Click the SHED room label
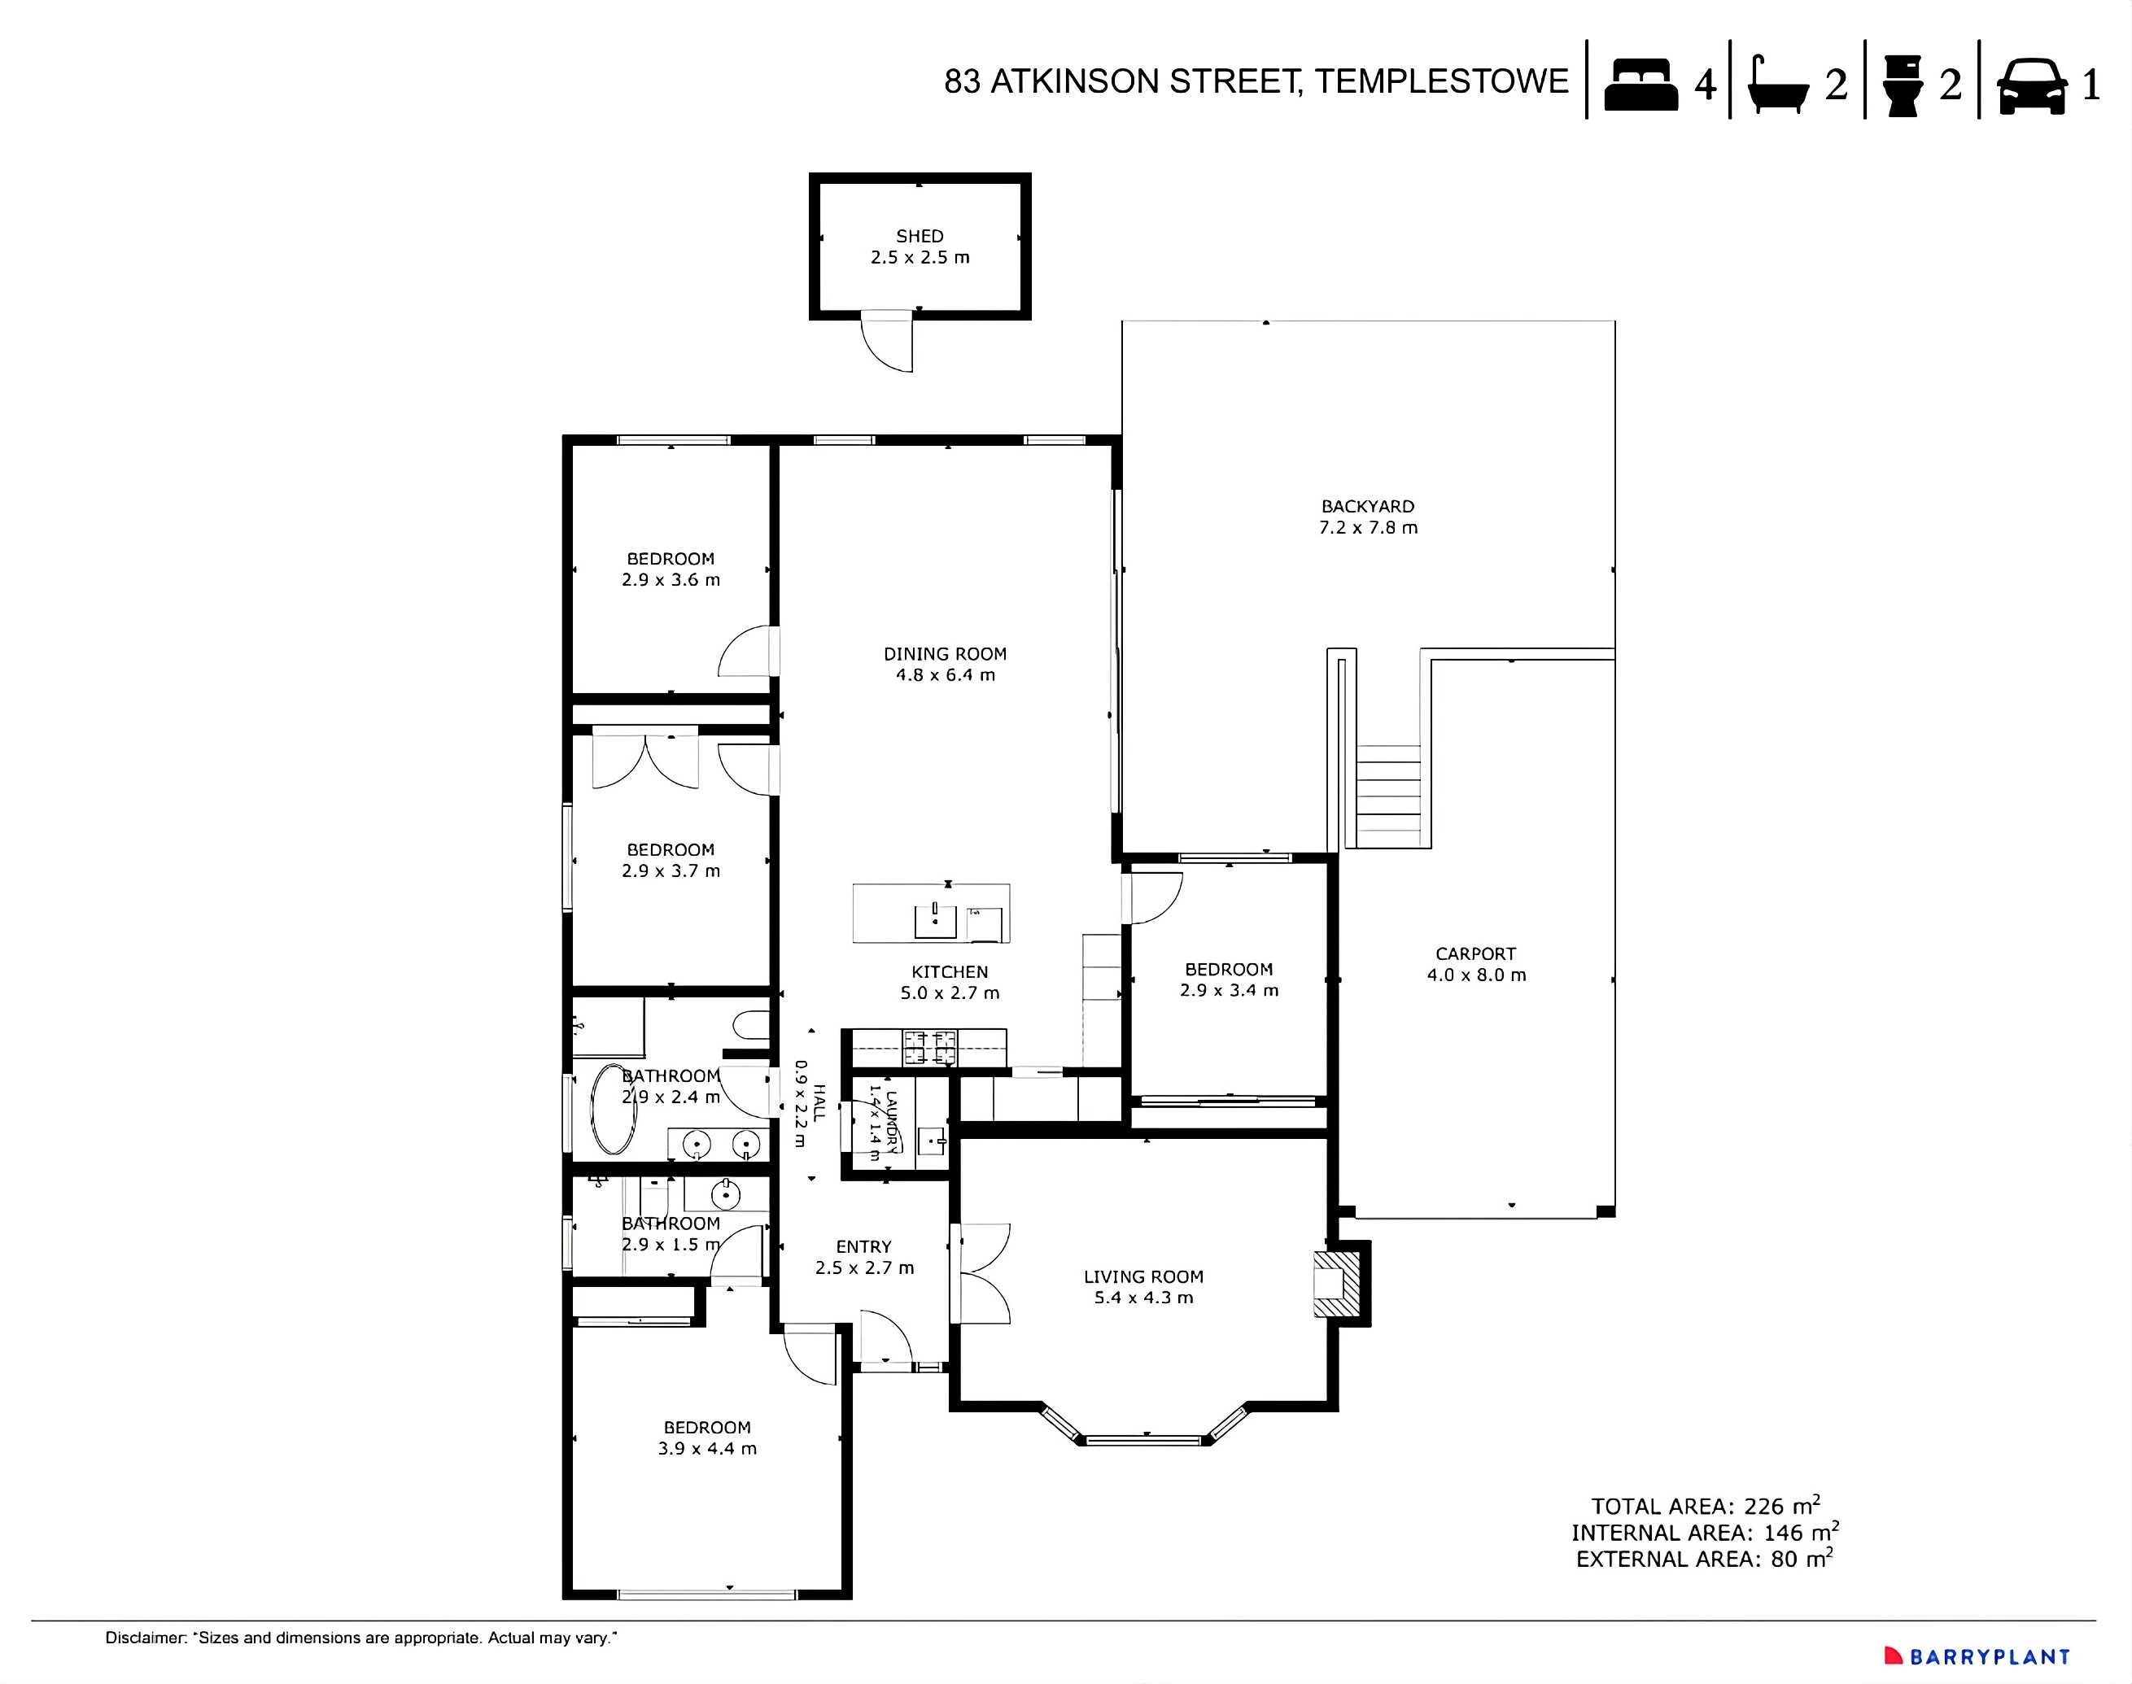919,237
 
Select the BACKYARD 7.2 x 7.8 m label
1368,517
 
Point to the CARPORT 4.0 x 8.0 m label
1475,964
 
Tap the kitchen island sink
935,921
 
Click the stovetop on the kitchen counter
930,1047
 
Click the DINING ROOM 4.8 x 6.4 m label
945,665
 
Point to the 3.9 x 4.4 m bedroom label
707,1438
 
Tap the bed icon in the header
1641,85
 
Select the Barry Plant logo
1977,1656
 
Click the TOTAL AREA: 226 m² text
1704,1507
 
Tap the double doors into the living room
983,1273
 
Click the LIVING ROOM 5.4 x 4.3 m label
1143,1287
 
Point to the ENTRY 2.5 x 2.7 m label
864,1257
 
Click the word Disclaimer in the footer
145,1638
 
